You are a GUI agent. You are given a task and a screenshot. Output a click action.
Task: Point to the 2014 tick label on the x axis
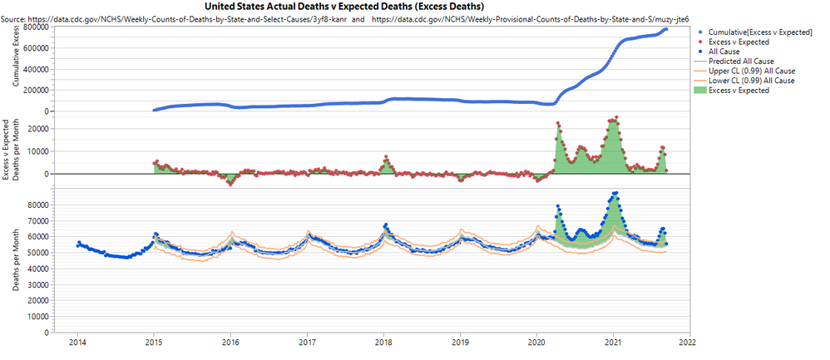77,341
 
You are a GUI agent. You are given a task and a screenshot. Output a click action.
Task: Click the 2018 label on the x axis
383,341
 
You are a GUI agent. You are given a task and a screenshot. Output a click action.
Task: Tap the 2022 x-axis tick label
688,341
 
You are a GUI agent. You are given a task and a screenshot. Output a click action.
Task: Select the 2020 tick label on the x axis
536,341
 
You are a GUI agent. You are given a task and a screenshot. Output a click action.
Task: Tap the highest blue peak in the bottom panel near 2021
615,193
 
